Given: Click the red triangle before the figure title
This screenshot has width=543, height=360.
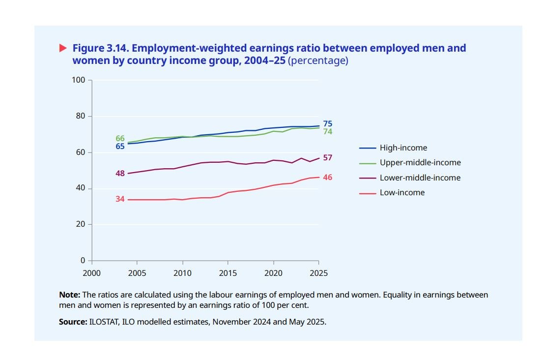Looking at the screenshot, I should tap(62, 48).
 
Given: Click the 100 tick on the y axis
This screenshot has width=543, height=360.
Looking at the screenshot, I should tap(79, 80).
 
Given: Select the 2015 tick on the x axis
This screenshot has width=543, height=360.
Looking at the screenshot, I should tap(228, 272).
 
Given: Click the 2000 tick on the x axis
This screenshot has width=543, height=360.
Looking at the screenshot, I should tap(91, 272).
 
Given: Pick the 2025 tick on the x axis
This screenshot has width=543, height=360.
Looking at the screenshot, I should tap(318, 272).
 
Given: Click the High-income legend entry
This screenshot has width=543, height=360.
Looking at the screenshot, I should tap(403, 148).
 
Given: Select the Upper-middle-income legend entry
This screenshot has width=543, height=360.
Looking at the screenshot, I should tap(420, 162).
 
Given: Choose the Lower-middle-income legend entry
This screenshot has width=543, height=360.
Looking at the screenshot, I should tap(420, 178).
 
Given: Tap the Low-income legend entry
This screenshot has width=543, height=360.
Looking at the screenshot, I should tap(402, 192).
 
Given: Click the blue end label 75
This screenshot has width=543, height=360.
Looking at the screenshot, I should tap(328, 124).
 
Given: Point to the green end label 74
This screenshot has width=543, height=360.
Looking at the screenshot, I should tap(328, 132).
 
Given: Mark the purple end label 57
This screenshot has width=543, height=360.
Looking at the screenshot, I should tap(328, 158).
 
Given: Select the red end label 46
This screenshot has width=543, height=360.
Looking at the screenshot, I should tap(328, 177).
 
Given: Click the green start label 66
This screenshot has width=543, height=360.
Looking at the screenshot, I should tap(120, 139).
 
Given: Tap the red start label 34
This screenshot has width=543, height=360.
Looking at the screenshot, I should tap(120, 199).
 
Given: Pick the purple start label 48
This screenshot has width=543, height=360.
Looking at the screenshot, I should tap(120, 173).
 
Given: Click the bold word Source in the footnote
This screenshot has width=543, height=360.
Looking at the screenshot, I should tap(71, 322).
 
